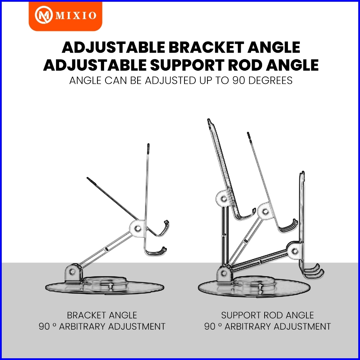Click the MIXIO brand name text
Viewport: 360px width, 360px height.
tap(74, 16)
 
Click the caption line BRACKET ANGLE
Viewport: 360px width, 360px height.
tap(102, 315)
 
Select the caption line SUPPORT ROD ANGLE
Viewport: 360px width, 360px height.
tap(267, 315)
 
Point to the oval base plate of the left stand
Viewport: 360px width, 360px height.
tap(104, 287)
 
